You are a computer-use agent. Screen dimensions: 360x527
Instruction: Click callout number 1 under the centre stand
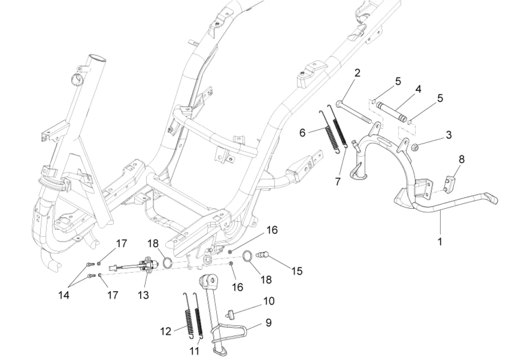point(439,242)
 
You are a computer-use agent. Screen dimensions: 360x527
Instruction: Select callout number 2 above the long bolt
point(357,73)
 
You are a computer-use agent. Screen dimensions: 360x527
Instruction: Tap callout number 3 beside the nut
point(449,135)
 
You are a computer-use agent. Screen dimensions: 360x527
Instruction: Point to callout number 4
point(418,89)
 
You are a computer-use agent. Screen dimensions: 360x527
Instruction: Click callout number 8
point(462,159)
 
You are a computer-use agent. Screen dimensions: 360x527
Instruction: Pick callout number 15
point(296,271)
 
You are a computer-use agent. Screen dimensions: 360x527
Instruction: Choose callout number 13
point(143,295)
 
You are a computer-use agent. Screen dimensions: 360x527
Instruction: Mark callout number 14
point(64,295)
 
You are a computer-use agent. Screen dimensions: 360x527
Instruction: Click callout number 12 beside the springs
point(166,331)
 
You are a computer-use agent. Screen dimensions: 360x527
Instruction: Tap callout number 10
point(269,300)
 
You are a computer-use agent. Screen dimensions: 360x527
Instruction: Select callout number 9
point(269,322)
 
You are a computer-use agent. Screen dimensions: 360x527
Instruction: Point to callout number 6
point(302,133)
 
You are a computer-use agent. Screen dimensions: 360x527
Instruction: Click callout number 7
point(338,182)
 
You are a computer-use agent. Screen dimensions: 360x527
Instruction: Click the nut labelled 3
point(415,149)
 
